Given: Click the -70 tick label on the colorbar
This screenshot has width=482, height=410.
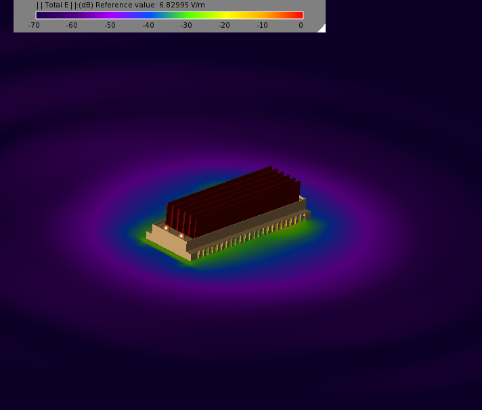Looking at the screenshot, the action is coord(34,25).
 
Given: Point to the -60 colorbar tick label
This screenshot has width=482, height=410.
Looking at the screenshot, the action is coord(72,25).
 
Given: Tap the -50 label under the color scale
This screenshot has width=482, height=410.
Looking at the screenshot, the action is coord(110,25).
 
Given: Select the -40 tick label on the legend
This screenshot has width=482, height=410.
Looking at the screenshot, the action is coord(148,25).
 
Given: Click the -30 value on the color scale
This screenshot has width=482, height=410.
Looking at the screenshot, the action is coord(186,25).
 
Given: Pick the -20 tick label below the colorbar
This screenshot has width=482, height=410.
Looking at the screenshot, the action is coord(224,25).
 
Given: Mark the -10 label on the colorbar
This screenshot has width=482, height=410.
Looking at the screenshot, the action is coord(262,25).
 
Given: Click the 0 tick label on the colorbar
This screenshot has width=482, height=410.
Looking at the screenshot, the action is coord(301,25).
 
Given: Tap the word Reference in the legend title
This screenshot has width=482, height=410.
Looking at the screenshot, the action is coord(110,5).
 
